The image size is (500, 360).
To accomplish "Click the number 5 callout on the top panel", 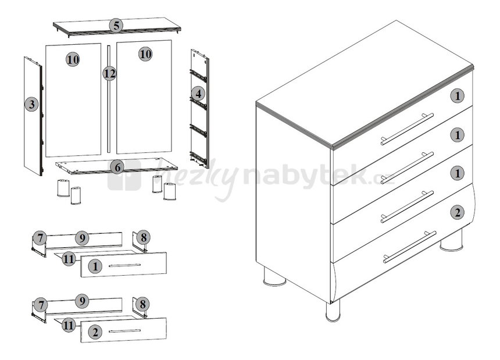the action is pos(116,26).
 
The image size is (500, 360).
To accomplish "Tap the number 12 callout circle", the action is pos(109,74).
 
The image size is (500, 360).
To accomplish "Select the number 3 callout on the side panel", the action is pos(31,104).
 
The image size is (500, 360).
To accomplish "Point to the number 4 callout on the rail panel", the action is pos(198,94).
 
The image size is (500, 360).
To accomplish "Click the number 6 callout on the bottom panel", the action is pos(117,167).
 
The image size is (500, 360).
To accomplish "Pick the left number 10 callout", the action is pos(73,59).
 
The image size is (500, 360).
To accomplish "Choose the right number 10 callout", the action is pos(145,54).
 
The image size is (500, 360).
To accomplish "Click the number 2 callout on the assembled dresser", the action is pos(458,212).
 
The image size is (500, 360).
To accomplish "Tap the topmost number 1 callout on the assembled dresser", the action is pos(458,95).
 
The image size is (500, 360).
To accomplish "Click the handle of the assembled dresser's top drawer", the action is pos(407,129).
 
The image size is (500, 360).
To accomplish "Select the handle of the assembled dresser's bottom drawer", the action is pos(410,247).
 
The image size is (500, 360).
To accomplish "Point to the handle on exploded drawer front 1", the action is pos(124,265).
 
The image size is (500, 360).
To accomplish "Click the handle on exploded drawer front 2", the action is pos(124,331).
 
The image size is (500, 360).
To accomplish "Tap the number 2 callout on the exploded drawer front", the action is pos(95,332).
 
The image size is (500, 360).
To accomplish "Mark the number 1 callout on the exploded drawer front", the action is pos(95,266).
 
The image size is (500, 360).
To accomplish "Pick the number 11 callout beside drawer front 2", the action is pos(69,325).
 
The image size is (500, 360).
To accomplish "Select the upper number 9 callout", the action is pos(83,238).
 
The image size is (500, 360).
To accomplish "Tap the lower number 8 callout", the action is pos(142,304).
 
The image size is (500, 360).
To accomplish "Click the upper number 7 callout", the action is pos(40,238).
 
